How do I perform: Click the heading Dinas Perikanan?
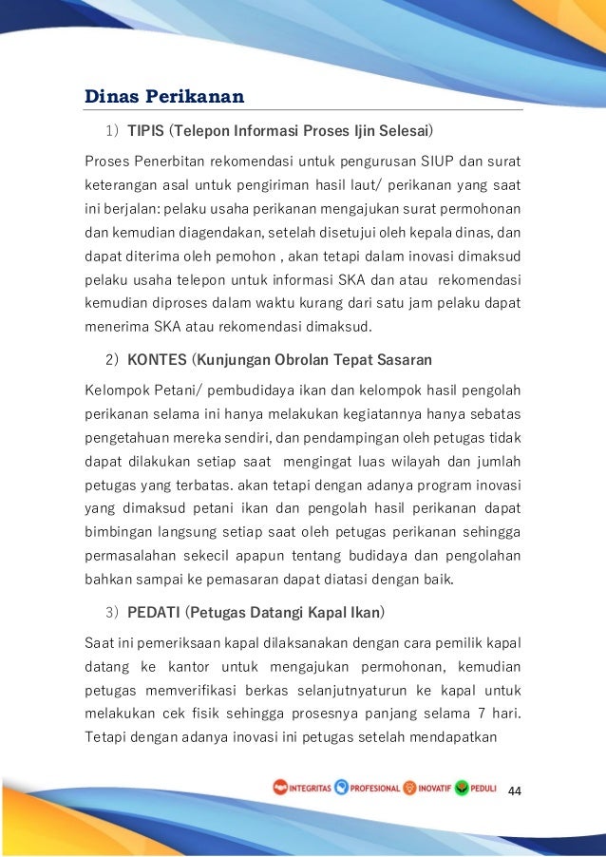(164, 96)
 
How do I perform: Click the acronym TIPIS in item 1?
(145, 128)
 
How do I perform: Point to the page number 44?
(517, 790)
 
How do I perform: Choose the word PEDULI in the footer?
(484, 789)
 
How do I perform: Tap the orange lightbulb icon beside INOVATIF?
(409, 788)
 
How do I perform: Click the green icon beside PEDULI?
(462, 788)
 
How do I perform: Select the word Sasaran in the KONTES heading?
(406, 360)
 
